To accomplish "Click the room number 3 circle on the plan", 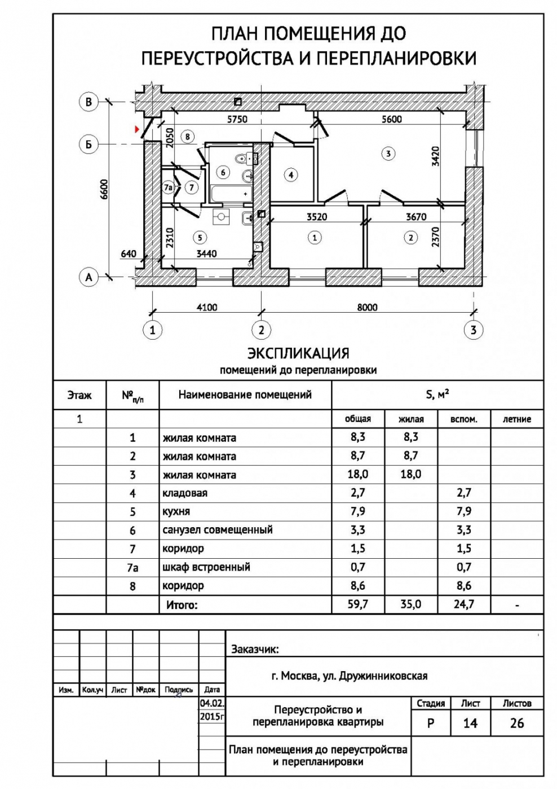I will (388, 154).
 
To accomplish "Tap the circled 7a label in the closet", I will (168, 187).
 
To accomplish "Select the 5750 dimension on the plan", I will (237, 119).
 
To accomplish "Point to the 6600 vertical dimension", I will (104, 190).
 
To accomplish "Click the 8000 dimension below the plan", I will (367, 307).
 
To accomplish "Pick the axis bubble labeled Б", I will (89, 144).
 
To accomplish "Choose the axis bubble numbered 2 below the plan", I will (261, 330).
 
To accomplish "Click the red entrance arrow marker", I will (136, 130).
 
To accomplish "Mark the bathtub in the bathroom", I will (231, 194).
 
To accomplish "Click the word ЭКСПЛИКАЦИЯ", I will (298, 353).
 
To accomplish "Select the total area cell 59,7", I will (358, 604).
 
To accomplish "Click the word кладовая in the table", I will (185, 493).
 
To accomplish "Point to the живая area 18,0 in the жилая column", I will (410, 475).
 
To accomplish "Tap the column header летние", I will (517, 419).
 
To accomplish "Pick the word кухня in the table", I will (176, 512).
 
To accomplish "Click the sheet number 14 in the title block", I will (470, 724).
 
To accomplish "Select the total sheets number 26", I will (517, 724).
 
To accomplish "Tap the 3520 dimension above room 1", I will (317, 217).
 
